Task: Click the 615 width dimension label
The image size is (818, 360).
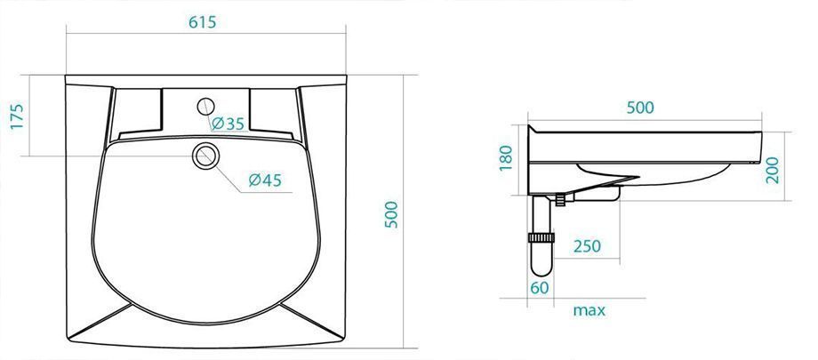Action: (x=203, y=22)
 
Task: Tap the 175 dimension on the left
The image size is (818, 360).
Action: (x=17, y=116)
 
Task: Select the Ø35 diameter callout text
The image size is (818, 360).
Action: (x=228, y=124)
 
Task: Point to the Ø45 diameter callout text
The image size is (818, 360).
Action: (x=265, y=180)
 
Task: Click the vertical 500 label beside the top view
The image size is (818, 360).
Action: (x=391, y=214)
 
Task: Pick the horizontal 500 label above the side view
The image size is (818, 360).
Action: (x=640, y=108)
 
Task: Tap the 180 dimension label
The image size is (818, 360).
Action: (x=506, y=158)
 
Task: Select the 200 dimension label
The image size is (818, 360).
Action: (x=774, y=170)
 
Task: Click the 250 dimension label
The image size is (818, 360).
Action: (x=587, y=245)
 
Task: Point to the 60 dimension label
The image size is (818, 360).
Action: (x=540, y=287)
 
